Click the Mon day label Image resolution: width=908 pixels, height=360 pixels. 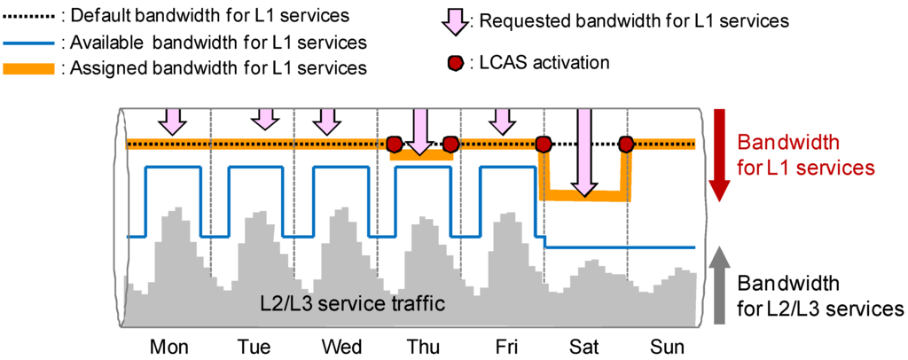tap(169, 347)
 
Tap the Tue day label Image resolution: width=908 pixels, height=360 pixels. tap(254, 347)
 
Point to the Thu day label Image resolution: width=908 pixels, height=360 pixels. tap(421, 347)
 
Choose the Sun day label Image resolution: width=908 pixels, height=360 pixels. tap(666, 347)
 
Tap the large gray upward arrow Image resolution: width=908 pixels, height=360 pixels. tap(720, 284)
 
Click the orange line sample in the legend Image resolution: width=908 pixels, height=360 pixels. tap(29, 67)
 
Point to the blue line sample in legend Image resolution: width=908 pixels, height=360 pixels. tap(29, 42)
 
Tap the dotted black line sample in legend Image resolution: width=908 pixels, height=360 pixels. tap(29, 16)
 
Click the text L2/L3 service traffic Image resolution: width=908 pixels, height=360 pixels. tap(351, 303)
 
